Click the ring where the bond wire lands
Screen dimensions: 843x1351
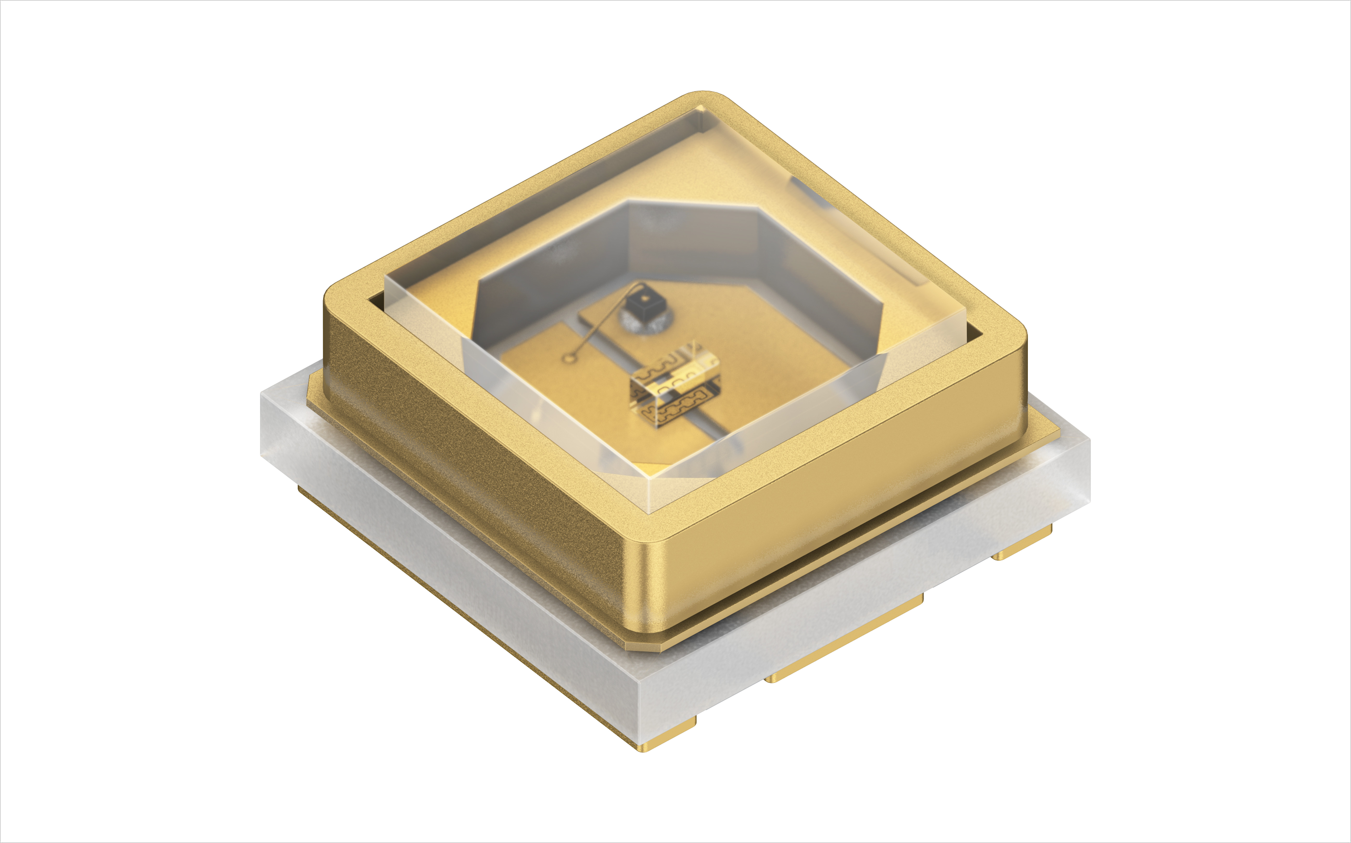coord(569,357)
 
